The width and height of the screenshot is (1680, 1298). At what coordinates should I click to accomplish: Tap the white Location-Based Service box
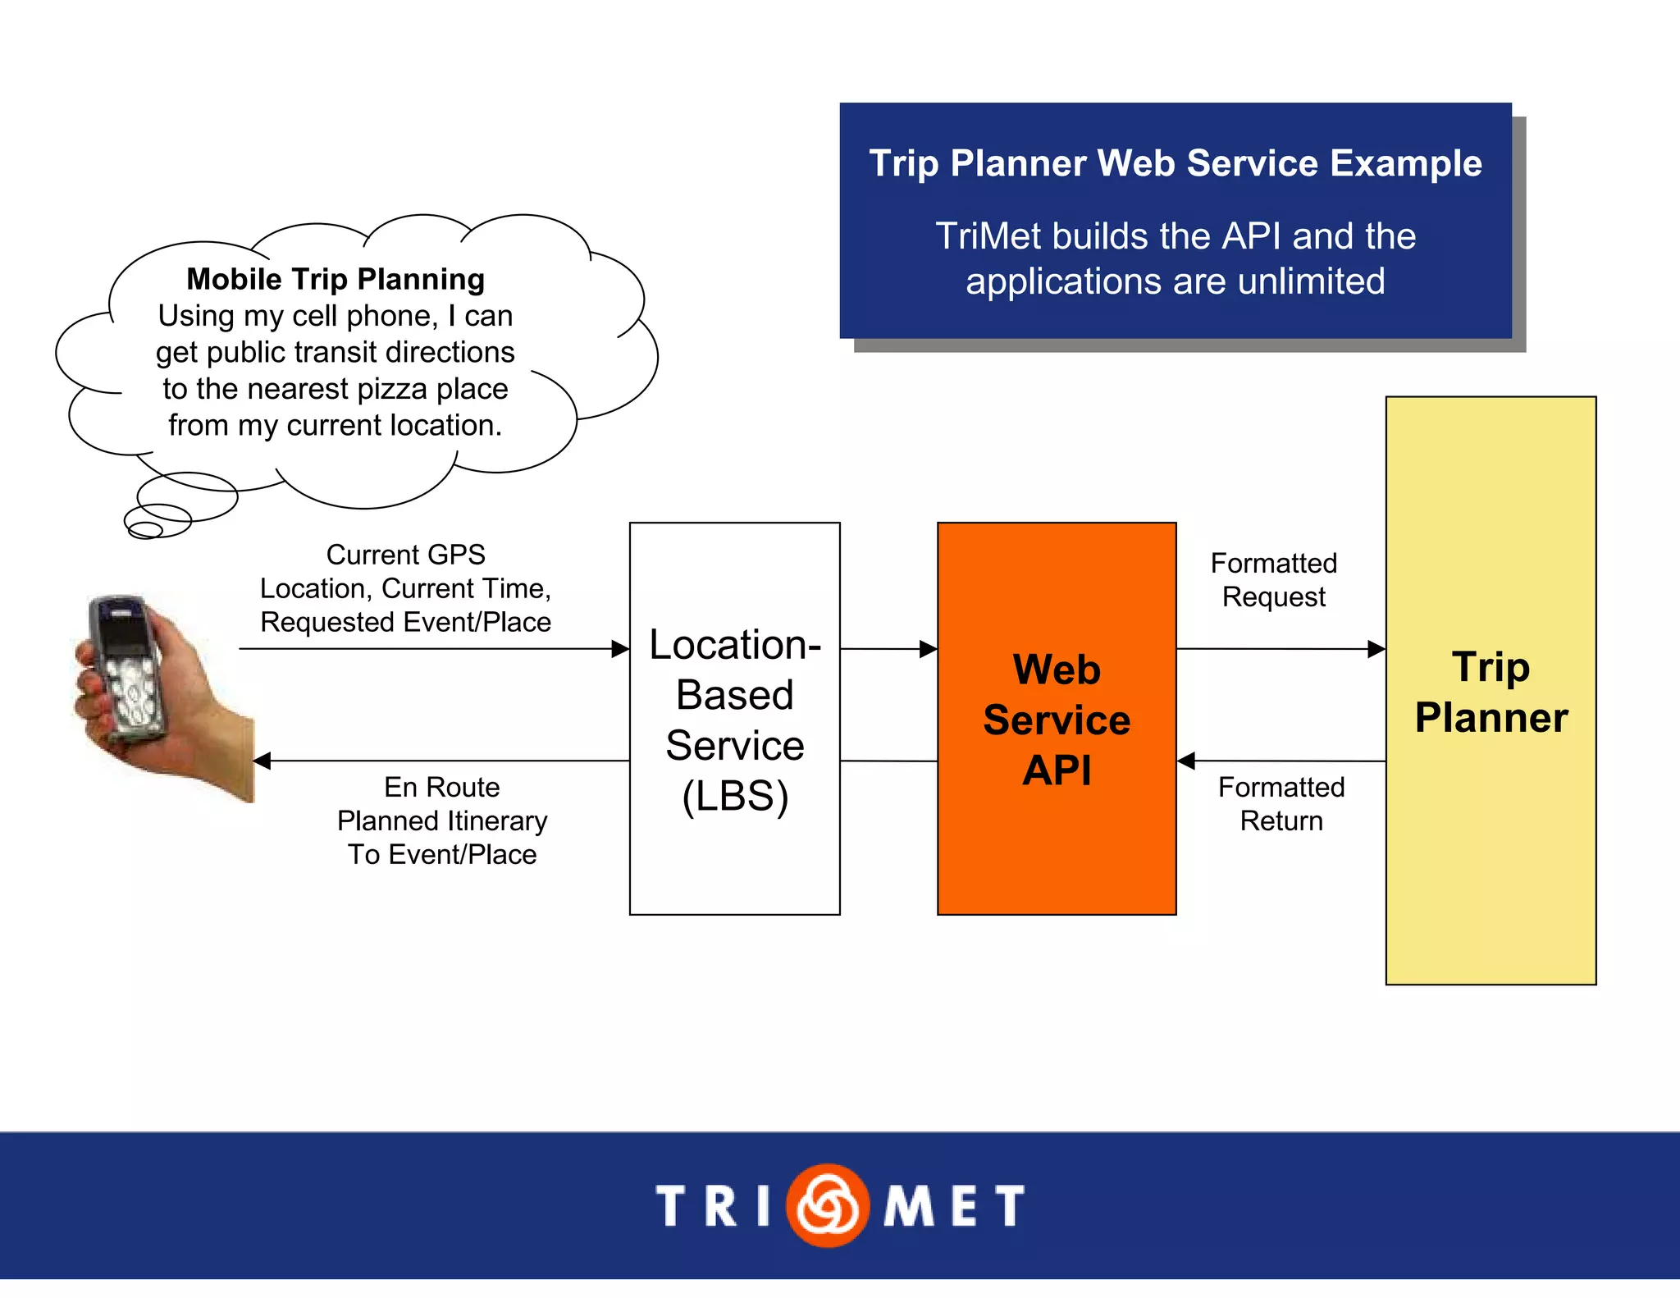[734, 870]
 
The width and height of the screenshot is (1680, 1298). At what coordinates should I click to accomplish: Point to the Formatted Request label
[1273, 580]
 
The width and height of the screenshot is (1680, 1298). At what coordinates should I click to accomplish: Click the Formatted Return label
[1281, 803]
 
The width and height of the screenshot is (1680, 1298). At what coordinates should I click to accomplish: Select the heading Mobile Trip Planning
[336, 279]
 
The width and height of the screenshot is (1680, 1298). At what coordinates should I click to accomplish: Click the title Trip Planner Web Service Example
[1175, 162]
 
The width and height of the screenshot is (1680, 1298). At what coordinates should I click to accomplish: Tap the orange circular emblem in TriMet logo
[827, 1204]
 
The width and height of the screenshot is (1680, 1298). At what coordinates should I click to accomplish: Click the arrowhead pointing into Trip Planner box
[1376, 649]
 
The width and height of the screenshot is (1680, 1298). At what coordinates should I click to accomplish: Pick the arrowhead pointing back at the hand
[262, 761]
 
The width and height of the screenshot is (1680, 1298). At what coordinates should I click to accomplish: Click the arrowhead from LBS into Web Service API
[929, 649]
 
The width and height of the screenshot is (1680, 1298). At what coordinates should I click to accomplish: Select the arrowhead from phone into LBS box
[620, 649]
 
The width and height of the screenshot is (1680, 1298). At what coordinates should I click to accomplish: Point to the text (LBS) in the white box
[735, 796]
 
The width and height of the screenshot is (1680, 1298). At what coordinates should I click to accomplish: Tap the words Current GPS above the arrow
[405, 555]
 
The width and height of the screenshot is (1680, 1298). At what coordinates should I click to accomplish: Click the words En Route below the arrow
[441, 787]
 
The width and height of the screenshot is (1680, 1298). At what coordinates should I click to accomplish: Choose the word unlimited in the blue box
[1311, 281]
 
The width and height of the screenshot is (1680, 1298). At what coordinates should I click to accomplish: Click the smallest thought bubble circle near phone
[145, 531]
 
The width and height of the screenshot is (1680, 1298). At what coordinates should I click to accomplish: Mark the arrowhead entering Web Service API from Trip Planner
[1186, 761]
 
